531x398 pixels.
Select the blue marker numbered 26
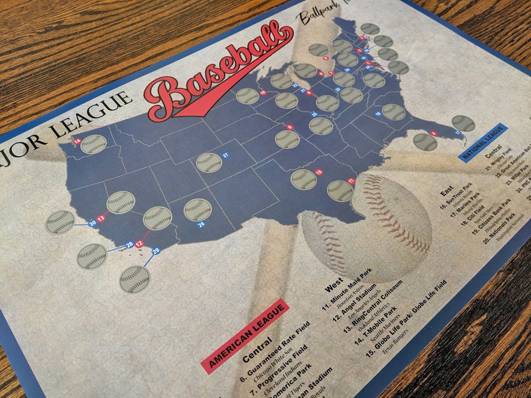pyautogui.click(x=201, y=225)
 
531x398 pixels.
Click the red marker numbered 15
pyautogui.click(x=319, y=172)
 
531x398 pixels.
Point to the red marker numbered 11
pyautogui.click(x=351, y=181)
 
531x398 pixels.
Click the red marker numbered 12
pyautogui.click(x=140, y=244)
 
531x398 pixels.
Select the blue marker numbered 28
pyautogui.click(x=130, y=245)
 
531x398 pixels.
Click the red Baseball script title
pyautogui.click(x=221, y=70)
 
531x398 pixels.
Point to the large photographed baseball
pyautogui.click(x=366, y=227)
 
